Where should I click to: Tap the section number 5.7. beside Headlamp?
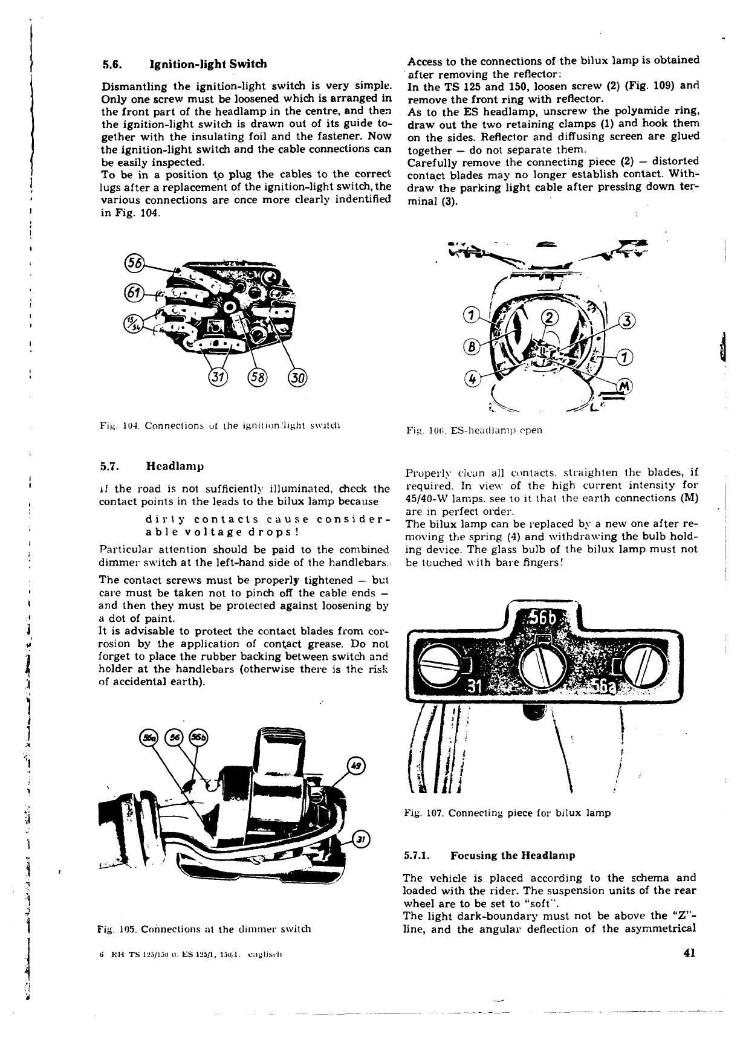[112, 467]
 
